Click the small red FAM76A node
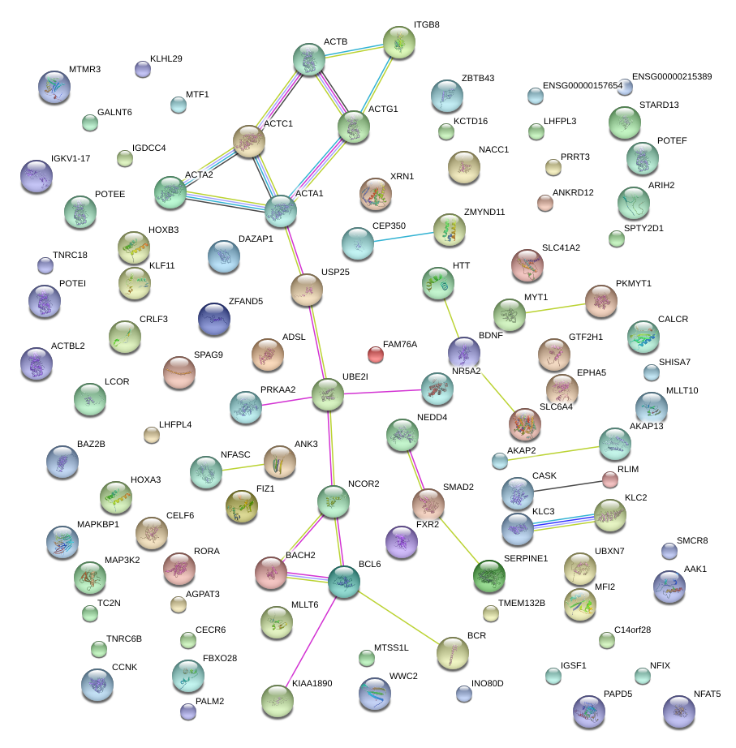coord(376,354)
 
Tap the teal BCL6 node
coord(344,581)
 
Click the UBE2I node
coord(328,394)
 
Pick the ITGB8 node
coord(398,42)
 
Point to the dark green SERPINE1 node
coord(489,575)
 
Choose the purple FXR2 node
coord(401,542)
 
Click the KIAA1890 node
coord(278,699)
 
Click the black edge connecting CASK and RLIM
coord(565,486)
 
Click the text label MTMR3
coord(84,69)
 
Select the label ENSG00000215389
coord(672,76)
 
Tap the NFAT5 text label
coord(707,694)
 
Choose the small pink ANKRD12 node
coord(545,202)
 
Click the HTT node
coord(438,283)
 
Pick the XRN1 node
coord(376,194)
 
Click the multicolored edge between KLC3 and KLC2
coord(564,521)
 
